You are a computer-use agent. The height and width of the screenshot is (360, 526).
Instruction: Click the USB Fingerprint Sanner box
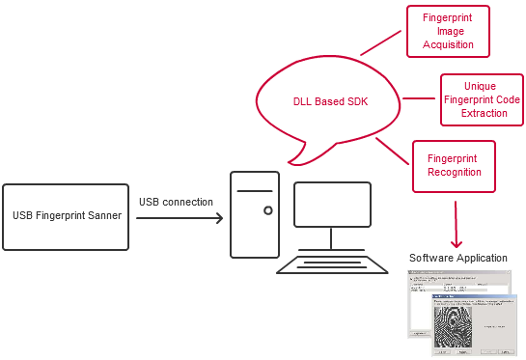(65, 215)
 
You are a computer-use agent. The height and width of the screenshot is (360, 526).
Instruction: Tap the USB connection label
(176, 202)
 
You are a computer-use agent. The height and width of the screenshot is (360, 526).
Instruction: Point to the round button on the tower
(267, 209)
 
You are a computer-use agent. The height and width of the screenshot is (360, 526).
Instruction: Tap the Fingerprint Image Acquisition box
(448, 31)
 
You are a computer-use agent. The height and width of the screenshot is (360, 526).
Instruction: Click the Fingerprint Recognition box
(453, 165)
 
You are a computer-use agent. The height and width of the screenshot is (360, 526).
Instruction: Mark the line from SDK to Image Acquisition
(380, 42)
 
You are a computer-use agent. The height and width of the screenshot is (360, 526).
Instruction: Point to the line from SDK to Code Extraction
(421, 97)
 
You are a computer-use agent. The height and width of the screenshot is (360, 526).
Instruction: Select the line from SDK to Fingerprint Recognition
(393, 152)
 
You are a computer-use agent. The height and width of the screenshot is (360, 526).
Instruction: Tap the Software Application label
(457, 258)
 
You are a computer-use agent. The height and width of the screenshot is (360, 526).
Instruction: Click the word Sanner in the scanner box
(102, 215)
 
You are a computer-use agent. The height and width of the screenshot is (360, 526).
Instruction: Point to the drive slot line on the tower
(255, 192)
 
